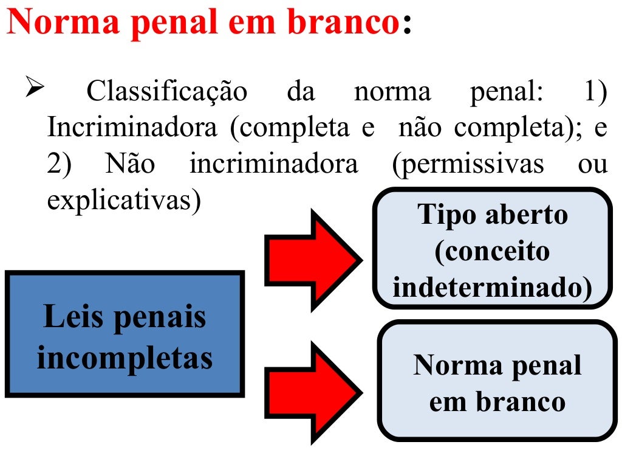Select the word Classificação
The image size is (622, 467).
point(167,92)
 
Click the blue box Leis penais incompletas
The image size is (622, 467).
point(125,334)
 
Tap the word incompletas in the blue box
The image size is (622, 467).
point(125,358)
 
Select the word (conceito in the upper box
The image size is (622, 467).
point(492,251)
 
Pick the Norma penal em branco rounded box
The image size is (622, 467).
point(497,381)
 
